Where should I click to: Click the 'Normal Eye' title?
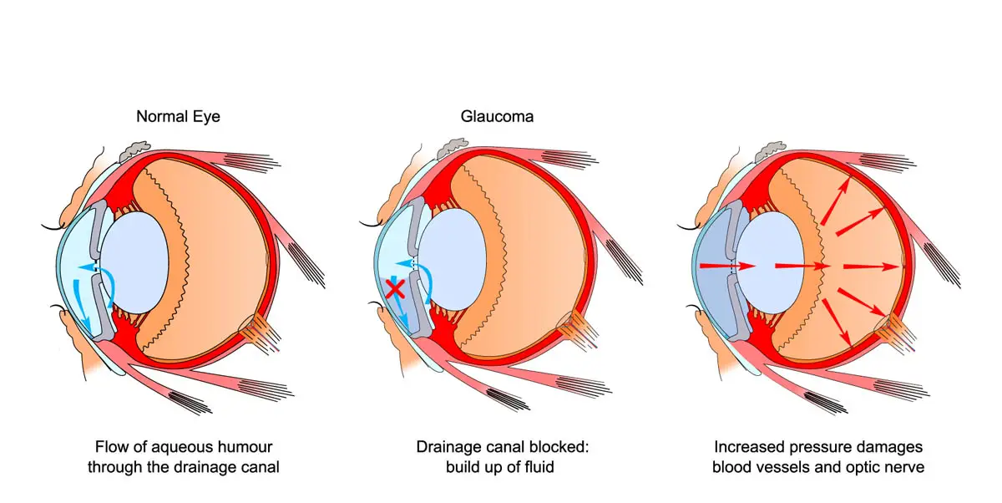(x=178, y=117)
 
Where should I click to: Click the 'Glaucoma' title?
(x=497, y=117)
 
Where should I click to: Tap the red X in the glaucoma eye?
(x=397, y=290)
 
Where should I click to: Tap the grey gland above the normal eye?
(x=134, y=151)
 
